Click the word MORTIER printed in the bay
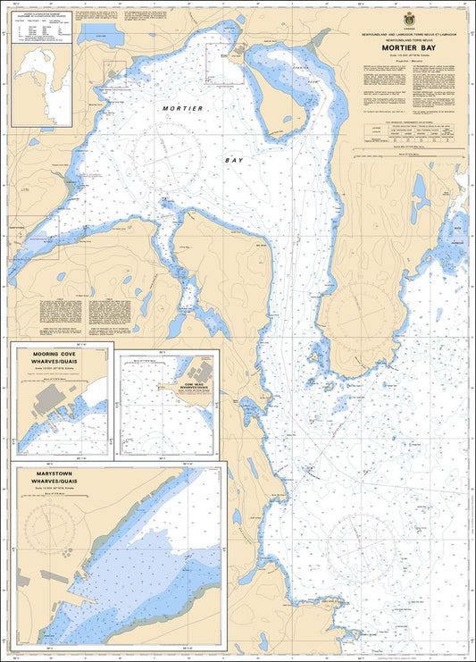[183, 107]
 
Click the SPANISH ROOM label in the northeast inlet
[304, 68]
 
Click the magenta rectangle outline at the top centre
[224, 64]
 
